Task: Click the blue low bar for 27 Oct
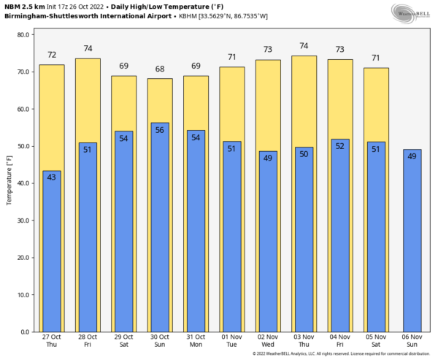(52, 251)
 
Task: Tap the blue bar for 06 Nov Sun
(412, 240)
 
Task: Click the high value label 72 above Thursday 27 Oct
(52, 55)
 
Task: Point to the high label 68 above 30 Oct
(160, 69)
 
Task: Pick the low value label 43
(52, 177)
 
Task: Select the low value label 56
(160, 129)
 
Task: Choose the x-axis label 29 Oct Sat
(124, 341)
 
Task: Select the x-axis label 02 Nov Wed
(268, 341)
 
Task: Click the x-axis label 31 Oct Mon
(196, 341)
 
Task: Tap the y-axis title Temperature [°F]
(9, 183)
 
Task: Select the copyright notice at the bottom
(342, 354)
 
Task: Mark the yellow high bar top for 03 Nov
(304, 57)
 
